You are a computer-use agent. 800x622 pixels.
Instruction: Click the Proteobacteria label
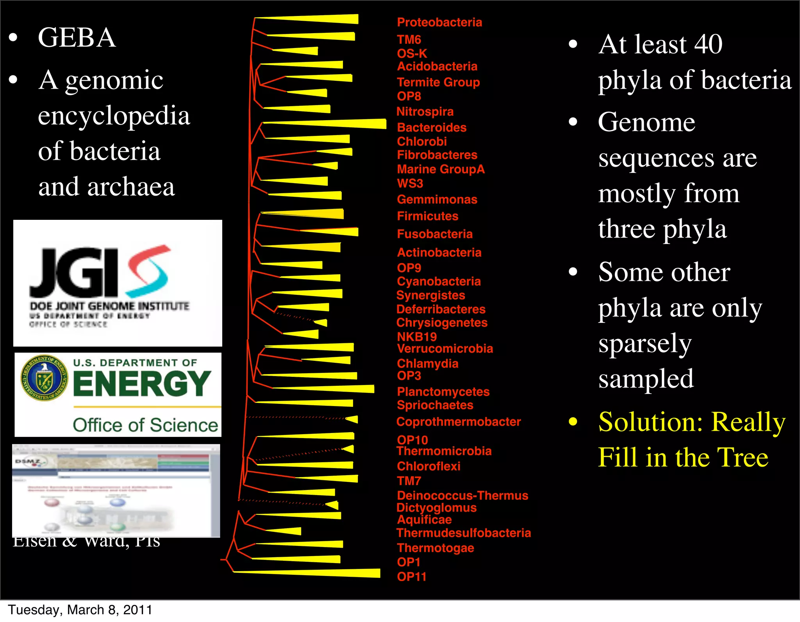(x=439, y=22)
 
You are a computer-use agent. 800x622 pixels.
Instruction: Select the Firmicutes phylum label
(x=427, y=216)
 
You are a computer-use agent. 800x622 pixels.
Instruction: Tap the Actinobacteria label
(x=439, y=252)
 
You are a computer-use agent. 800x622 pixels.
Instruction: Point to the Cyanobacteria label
(x=439, y=281)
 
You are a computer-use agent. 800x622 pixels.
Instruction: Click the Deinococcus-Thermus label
(x=462, y=495)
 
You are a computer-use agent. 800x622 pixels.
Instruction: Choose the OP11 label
(x=412, y=577)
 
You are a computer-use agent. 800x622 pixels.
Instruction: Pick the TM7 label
(x=409, y=481)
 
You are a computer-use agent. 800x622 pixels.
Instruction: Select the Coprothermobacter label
(x=459, y=422)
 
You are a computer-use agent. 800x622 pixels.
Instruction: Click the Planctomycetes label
(x=443, y=392)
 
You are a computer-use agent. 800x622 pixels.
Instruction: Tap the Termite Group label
(x=438, y=82)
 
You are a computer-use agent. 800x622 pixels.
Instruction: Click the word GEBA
(x=77, y=38)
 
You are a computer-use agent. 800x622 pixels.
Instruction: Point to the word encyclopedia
(x=114, y=116)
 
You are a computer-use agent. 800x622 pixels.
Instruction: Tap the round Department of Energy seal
(x=44, y=378)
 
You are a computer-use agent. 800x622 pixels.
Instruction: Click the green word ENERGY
(x=142, y=383)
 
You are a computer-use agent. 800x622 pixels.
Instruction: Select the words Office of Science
(x=145, y=425)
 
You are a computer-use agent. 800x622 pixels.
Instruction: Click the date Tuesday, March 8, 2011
(x=80, y=610)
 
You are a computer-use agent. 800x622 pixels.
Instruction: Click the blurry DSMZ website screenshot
(x=116, y=491)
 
